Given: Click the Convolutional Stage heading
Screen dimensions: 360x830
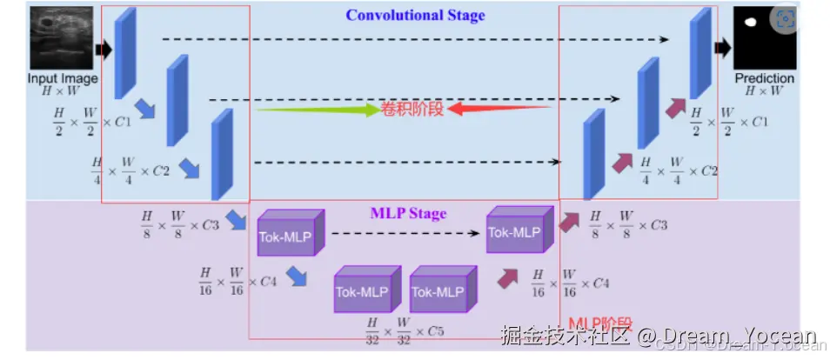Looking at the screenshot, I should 415,15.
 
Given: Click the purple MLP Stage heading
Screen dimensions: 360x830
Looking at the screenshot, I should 408,213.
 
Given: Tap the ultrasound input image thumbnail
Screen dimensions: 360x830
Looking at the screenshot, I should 62,38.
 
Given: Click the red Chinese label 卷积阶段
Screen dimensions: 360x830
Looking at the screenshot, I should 412,110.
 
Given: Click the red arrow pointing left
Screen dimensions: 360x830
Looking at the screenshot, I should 500,110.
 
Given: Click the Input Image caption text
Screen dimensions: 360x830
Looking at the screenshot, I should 62,78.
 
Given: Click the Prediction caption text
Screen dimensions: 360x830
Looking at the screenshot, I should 765,78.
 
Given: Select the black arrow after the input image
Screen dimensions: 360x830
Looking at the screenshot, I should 104,50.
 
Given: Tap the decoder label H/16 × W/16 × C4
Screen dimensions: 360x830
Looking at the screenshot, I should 570,283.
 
